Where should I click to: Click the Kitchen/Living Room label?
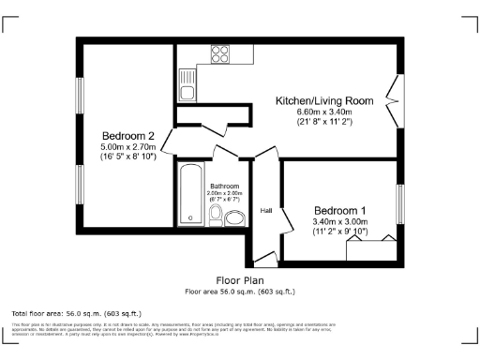324,100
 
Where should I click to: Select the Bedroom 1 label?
340,210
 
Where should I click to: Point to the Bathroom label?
224,186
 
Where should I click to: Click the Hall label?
266,210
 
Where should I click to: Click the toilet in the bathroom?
216,216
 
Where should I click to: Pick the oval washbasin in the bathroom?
234,218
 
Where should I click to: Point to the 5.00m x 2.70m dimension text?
128,147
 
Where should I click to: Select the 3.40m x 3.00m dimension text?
340,221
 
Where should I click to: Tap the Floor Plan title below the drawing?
240,280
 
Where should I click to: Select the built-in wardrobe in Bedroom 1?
373,249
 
